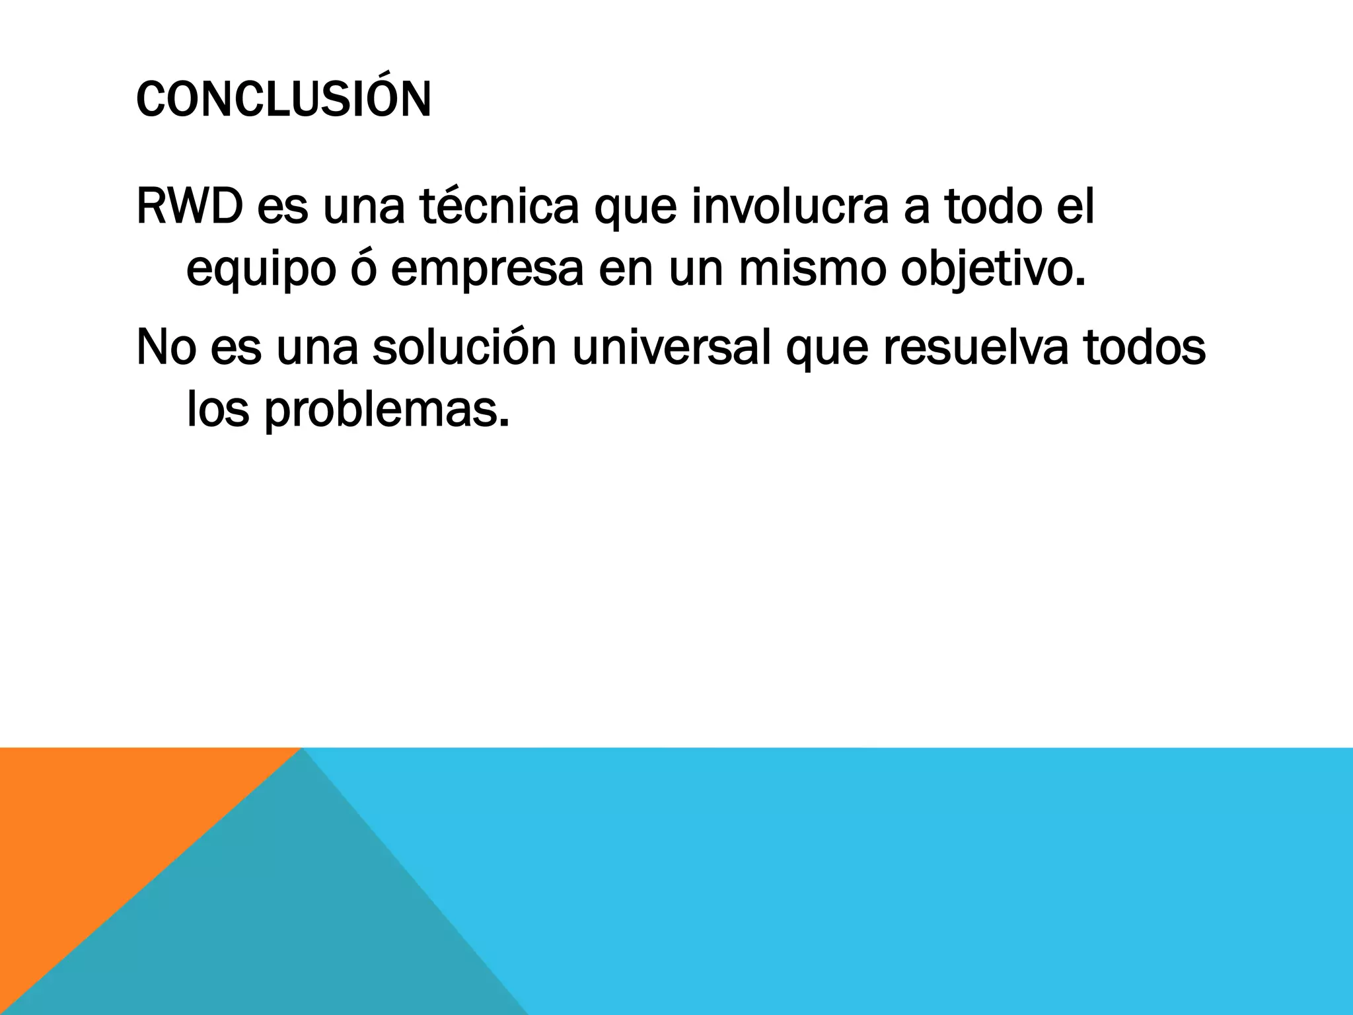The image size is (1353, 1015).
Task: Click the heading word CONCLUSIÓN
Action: (283, 100)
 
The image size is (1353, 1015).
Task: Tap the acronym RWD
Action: (188, 207)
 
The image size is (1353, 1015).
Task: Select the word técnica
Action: (499, 207)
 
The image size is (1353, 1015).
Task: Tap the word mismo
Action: (811, 269)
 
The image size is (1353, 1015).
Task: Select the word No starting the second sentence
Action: (166, 348)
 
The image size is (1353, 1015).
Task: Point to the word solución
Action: (464, 347)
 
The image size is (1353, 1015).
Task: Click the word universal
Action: (671, 347)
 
